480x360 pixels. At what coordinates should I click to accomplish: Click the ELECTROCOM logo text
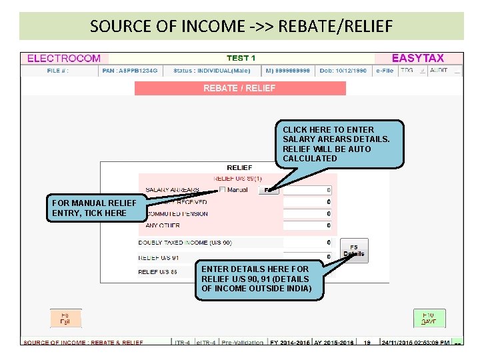(x=64, y=59)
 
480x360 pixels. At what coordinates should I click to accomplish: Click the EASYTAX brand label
(x=418, y=59)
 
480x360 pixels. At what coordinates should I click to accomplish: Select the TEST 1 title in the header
(x=241, y=59)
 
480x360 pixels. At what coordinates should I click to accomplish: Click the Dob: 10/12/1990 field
(x=343, y=70)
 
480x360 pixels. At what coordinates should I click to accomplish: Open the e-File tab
(x=385, y=70)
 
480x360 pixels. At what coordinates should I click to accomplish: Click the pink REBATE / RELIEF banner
(x=240, y=88)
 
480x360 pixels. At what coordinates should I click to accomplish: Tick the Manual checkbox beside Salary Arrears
(x=223, y=190)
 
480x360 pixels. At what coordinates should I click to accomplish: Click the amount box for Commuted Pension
(x=307, y=214)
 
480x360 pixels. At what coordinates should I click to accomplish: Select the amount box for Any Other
(x=307, y=225)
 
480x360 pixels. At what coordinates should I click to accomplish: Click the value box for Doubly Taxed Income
(x=307, y=243)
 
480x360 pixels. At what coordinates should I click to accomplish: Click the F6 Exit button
(x=65, y=318)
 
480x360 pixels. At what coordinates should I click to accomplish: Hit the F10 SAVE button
(x=429, y=318)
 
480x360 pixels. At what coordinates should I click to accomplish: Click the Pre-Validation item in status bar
(x=243, y=343)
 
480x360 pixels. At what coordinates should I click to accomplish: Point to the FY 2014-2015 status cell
(x=289, y=343)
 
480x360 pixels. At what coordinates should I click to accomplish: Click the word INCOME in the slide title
(x=195, y=27)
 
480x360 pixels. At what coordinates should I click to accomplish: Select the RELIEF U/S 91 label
(x=159, y=257)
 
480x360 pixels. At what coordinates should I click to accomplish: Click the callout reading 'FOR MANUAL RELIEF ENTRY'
(x=94, y=208)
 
